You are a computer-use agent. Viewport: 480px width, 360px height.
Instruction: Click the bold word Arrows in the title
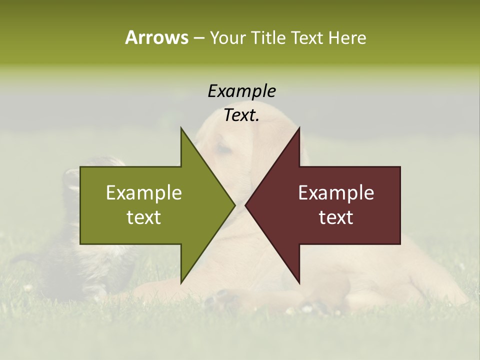point(156,37)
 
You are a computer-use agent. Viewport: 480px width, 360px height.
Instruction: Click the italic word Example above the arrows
point(241,91)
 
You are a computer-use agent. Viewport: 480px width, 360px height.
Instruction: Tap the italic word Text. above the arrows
point(241,115)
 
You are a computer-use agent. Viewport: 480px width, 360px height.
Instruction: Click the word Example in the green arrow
point(144,193)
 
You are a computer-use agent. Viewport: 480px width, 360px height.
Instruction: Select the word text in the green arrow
point(144,217)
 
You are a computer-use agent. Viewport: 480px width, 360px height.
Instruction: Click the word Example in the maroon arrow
point(336,193)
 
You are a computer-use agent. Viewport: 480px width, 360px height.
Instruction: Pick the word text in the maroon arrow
point(336,217)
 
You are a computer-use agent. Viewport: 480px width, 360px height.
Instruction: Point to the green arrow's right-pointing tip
point(234,205)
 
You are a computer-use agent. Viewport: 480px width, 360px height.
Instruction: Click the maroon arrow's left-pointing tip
point(246,205)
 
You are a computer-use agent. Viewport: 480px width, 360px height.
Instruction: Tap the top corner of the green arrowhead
point(181,128)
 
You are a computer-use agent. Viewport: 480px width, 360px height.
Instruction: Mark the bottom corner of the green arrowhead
point(181,282)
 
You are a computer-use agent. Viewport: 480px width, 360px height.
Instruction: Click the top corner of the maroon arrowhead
point(299,128)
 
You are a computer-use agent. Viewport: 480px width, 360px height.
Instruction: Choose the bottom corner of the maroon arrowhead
point(299,282)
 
